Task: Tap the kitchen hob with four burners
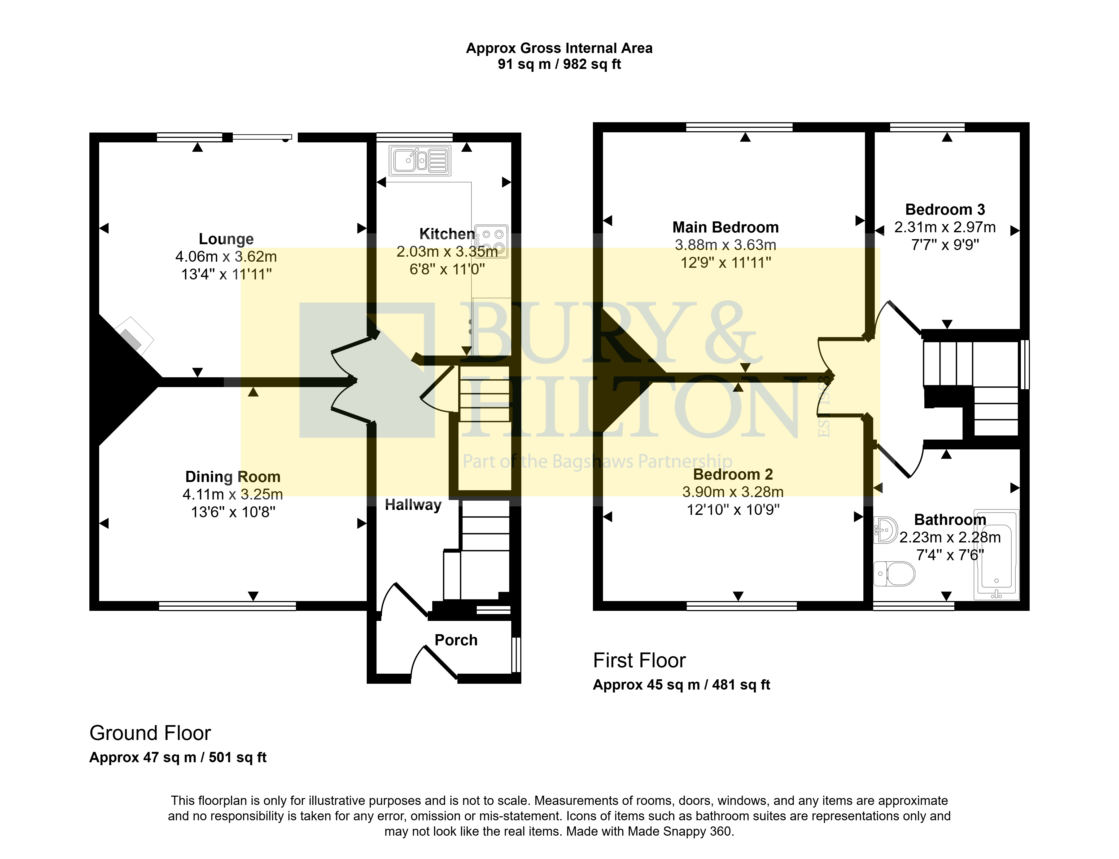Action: pyautogui.click(x=491, y=241)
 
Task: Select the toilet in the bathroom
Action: pyautogui.click(x=894, y=574)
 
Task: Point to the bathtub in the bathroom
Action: pyautogui.click(x=996, y=554)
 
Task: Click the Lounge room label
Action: pyautogui.click(x=226, y=239)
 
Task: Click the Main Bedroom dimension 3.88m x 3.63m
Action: pyautogui.click(x=725, y=245)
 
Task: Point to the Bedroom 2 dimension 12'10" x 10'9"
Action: pyautogui.click(x=733, y=510)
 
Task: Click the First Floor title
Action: pyautogui.click(x=639, y=661)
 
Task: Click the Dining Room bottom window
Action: pyautogui.click(x=228, y=606)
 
